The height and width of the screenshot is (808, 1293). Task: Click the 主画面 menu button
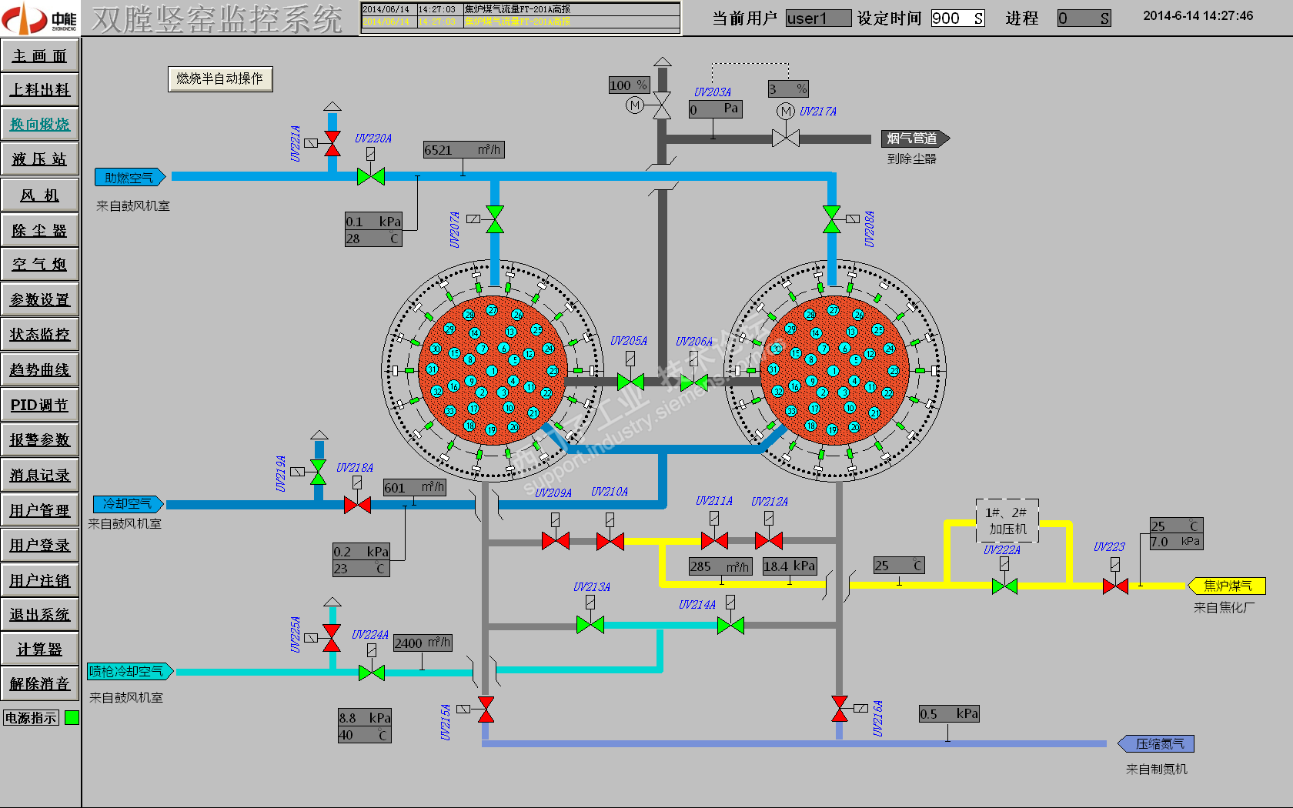(40, 55)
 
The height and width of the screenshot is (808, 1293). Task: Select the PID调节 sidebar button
(40, 405)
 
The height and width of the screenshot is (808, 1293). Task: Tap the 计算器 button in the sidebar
(40, 649)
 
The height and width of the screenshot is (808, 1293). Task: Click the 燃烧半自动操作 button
(220, 78)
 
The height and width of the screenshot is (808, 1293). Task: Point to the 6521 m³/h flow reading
(463, 150)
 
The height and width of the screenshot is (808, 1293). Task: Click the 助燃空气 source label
(129, 178)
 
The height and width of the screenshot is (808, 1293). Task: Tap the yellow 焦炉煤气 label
(1227, 586)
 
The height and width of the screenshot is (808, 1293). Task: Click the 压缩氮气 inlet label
(1157, 744)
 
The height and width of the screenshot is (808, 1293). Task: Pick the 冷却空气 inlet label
(128, 504)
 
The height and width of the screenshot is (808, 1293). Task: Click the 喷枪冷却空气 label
(129, 672)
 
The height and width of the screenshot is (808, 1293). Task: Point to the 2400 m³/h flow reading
(422, 643)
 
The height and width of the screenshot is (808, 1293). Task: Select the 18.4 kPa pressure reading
(789, 566)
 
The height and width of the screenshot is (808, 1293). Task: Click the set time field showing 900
(957, 18)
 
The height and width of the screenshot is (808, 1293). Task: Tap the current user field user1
(817, 18)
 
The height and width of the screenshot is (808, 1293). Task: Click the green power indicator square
(72, 718)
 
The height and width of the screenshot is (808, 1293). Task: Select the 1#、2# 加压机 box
(1007, 521)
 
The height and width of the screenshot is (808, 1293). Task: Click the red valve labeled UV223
(1115, 586)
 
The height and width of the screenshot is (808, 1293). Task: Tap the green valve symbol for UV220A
(371, 177)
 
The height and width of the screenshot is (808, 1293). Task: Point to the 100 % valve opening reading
(629, 85)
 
